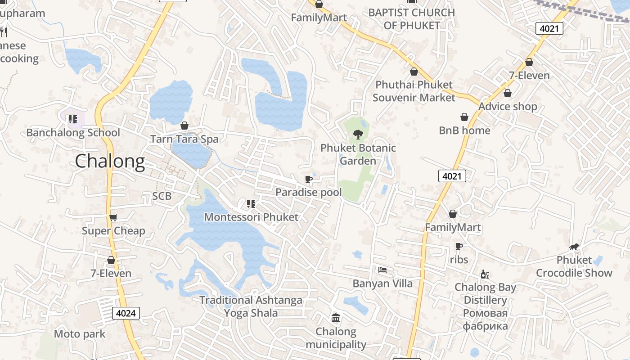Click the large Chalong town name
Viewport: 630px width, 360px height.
pyautogui.click(x=110, y=161)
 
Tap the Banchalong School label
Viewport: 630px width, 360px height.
pyautogui.click(x=73, y=133)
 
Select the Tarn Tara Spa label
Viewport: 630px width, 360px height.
pyautogui.click(x=184, y=139)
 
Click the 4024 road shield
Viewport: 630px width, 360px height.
pyautogui.click(x=126, y=313)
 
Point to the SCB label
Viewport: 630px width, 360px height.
pyautogui.click(x=162, y=196)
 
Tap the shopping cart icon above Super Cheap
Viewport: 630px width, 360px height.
pyautogui.click(x=113, y=218)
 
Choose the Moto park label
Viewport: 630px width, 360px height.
pyautogui.click(x=80, y=334)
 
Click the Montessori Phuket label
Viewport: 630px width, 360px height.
pyautogui.click(x=251, y=217)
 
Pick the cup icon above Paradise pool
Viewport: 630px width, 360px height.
pyautogui.click(x=309, y=180)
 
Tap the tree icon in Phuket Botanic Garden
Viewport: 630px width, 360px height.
pyautogui.click(x=358, y=134)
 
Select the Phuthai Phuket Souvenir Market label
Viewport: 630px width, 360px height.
pyautogui.click(x=414, y=91)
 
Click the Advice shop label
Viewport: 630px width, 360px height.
pyautogui.click(x=508, y=107)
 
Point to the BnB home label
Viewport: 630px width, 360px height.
pyautogui.click(x=464, y=130)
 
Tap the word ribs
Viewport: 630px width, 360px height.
pyautogui.click(x=459, y=260)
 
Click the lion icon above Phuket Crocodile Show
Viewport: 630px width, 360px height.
pyautogui.click(x=574, y=247)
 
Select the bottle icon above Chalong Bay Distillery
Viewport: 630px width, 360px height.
pyautogui.click(x=485, y=274)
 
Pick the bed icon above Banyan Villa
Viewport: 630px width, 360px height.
pyautogui.click(x=382, y=270)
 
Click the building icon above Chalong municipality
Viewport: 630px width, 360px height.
pyautogui.click(x=336, y=318)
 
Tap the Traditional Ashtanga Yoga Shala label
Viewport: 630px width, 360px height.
pyautogui.click(x=251, y=306)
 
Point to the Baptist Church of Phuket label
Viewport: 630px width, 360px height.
pyautogui.click(x=412, y=19)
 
